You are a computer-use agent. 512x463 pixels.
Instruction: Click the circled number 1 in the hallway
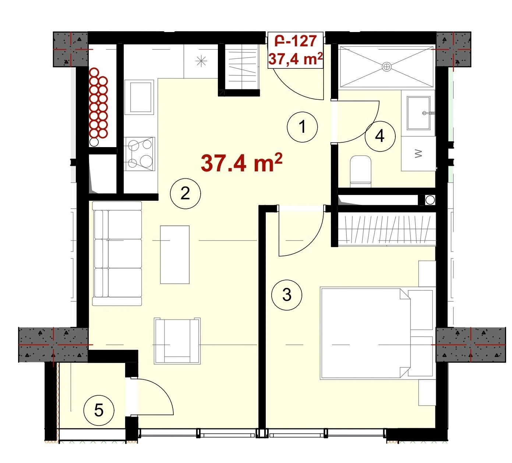pyautogui.click(x=302, y=127)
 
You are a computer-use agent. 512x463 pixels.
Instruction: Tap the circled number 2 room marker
pyautogui.click(x=185, y=193)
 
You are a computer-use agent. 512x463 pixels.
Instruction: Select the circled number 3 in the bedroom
pyautogui.click(x=287, y=295)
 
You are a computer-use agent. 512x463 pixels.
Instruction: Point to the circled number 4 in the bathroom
pyautogui.click(x=380, y=136)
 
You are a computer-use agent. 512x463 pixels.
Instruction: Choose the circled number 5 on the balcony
pyautogui.click(x=99, y=410)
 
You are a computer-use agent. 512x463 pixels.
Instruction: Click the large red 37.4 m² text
pyautogui.click(x=241, y=163)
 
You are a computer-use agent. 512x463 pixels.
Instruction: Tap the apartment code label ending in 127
pyautogui.click(x=296, y=41)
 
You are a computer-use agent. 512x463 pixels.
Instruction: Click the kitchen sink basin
pyautogui.click(x=140, y=97)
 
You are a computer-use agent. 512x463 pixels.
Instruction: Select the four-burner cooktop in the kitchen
pyautogui.click(x=140, y=154)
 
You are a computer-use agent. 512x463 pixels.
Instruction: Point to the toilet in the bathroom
pyautogui.click(x=361, y=171)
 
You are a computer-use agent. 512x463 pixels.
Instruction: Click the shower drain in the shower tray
pyautogui.click(x=387, y=67)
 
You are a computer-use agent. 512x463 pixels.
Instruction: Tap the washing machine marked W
pyautogui.click(x=419, y=153)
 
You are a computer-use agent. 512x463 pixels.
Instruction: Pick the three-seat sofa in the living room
pyautogui.click(x=117, y=254)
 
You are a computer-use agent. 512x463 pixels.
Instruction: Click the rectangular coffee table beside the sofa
pyautogui.click(x=175, y=254)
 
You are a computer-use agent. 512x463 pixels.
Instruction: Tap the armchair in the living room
pyautogui.click(x=177, y=341)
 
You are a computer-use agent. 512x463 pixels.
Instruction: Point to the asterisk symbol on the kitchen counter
pyautogui.click(x=201, y=61)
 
